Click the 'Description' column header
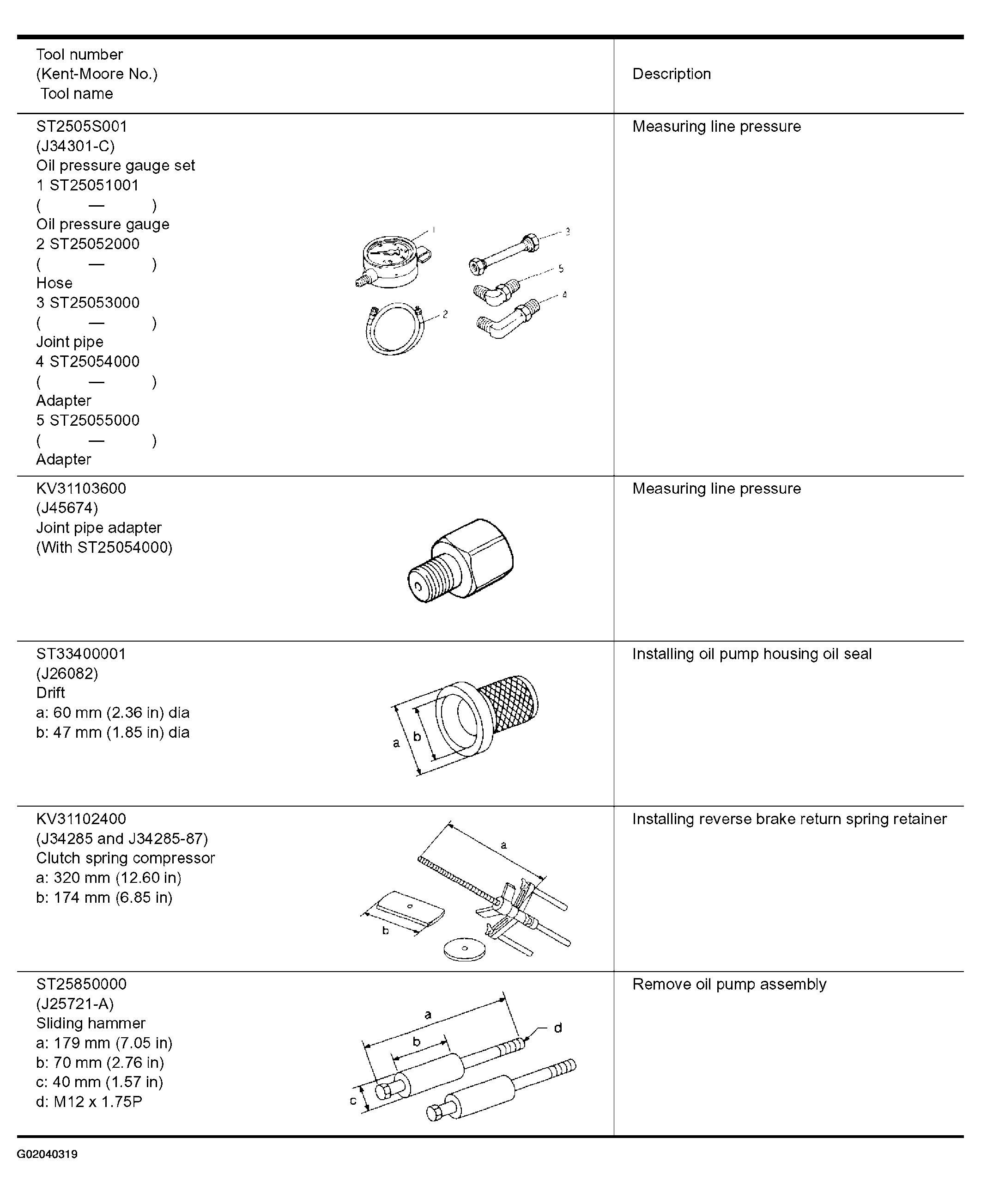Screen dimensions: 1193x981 tap(672, 74)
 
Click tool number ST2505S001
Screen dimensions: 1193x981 tap(82, 126)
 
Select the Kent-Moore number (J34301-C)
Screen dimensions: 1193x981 tap(75, 146)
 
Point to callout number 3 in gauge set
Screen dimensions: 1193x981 tap(567, 231)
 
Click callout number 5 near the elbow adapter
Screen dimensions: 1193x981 tap(561, 269)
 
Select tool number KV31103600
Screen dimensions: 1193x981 tap(81, 489)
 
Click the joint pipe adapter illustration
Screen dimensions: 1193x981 tap(460, 560)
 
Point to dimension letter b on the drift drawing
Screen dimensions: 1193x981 tap(417, 736)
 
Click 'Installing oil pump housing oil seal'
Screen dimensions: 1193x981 tap(751, 654)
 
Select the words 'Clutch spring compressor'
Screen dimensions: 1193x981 tap(126, 858)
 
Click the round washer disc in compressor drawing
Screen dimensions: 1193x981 tap(465, 948)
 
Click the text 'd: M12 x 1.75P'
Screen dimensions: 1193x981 tap(89, 1101)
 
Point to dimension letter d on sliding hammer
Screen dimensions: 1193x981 tap(558, 1028)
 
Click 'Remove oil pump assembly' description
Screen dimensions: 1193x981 tap(729, 985)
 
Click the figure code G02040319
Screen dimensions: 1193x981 tap(48, 1154)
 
